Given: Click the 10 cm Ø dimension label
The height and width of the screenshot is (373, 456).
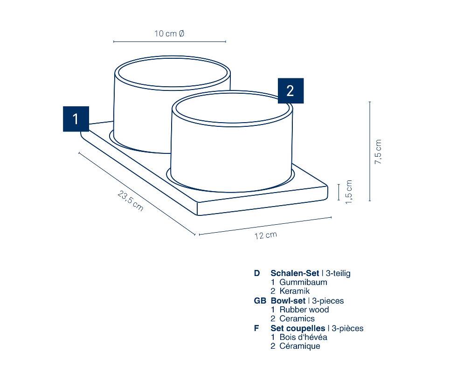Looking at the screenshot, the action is (169, 34).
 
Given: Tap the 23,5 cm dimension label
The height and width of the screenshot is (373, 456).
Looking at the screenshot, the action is (131, 200).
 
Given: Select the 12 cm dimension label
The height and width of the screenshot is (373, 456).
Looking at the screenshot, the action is (265, 235).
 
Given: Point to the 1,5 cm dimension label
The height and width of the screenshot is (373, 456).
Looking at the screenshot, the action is (349, 192).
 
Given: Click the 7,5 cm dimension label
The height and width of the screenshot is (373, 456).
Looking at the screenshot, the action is (378, 152).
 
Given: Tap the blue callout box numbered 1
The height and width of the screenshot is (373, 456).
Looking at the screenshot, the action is (76, 119).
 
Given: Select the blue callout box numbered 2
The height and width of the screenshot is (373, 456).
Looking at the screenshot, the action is (291, 91).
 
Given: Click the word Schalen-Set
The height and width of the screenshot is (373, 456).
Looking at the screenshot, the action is (295, 273).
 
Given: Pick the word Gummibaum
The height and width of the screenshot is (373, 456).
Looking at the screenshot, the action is (304, 282).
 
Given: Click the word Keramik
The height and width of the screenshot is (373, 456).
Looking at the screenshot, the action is (295, 291).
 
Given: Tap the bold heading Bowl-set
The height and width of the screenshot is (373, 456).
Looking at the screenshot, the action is (288, 301).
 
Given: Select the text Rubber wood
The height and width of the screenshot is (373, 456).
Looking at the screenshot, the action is (304, 310).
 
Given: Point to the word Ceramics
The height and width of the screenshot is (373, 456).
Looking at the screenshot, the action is (297, 318).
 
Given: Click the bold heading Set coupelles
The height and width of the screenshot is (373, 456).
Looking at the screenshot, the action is (298, 329).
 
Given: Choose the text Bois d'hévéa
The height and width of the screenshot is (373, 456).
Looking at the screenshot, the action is (304, 337).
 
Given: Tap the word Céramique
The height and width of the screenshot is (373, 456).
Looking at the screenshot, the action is (300, 346).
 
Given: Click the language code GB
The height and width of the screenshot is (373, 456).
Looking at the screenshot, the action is (260, 301).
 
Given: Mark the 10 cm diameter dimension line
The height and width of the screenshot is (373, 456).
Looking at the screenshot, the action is (170, 41).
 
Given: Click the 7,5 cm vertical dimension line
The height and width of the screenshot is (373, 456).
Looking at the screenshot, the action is (370, 151).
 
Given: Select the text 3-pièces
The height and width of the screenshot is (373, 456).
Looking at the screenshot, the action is (347, 329).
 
